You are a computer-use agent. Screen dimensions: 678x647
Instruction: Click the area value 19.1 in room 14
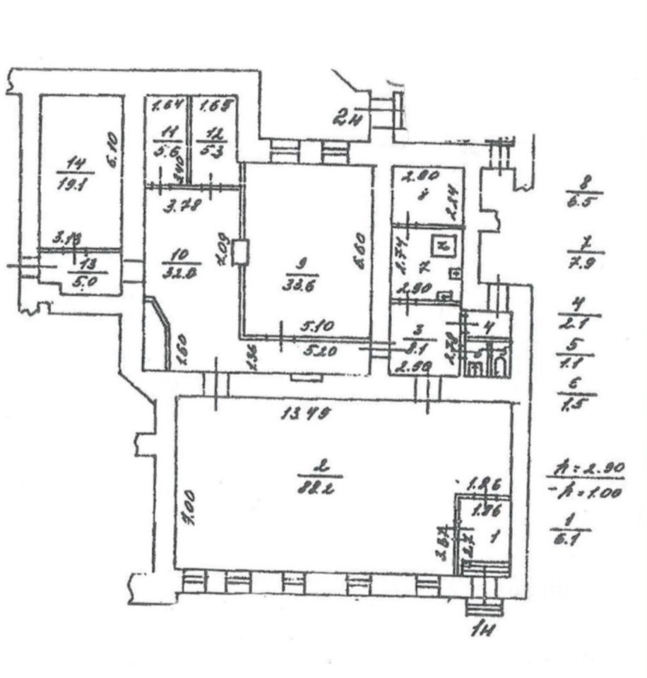tap(74, 185)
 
